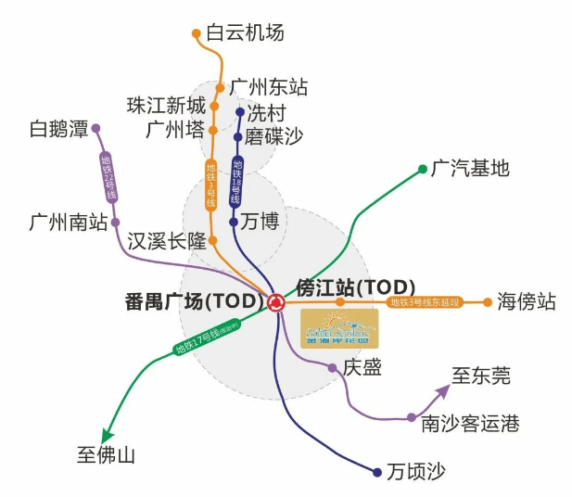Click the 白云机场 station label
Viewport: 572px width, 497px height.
tap(246, 33)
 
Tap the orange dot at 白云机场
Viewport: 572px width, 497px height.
tap(197, 34)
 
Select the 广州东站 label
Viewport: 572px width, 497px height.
tap(269, 89)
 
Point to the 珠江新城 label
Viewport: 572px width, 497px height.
tap(166, 105)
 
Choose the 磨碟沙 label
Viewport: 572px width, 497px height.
tap(273, 137)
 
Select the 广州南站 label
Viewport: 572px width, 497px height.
tap(68, 223)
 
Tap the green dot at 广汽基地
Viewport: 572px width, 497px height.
tap(423, 169)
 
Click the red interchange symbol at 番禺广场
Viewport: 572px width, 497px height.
tap(276, 301)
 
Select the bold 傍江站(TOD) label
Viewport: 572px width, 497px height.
tap(355, 287)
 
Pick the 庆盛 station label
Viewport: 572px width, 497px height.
tap(362, 368)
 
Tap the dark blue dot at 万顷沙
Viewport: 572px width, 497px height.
tap(377, 472)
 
